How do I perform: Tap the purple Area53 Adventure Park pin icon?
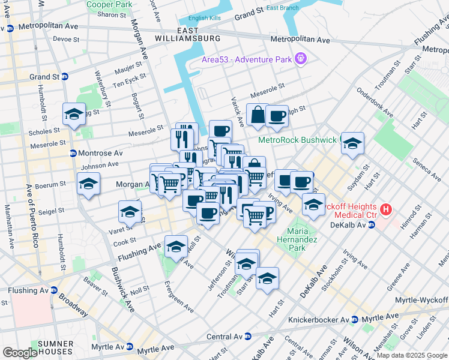coord(301,59)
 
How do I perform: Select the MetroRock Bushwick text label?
coord(298,140)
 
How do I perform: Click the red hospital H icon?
coord(387,210)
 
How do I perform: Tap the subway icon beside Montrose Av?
coord(73,154)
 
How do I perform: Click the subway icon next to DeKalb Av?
coord(371,225)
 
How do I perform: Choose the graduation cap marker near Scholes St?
coord(74,114)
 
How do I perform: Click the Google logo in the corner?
coord(20,353)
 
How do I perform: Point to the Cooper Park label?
coord(109,4)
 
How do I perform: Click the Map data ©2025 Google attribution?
coord(411,355)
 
